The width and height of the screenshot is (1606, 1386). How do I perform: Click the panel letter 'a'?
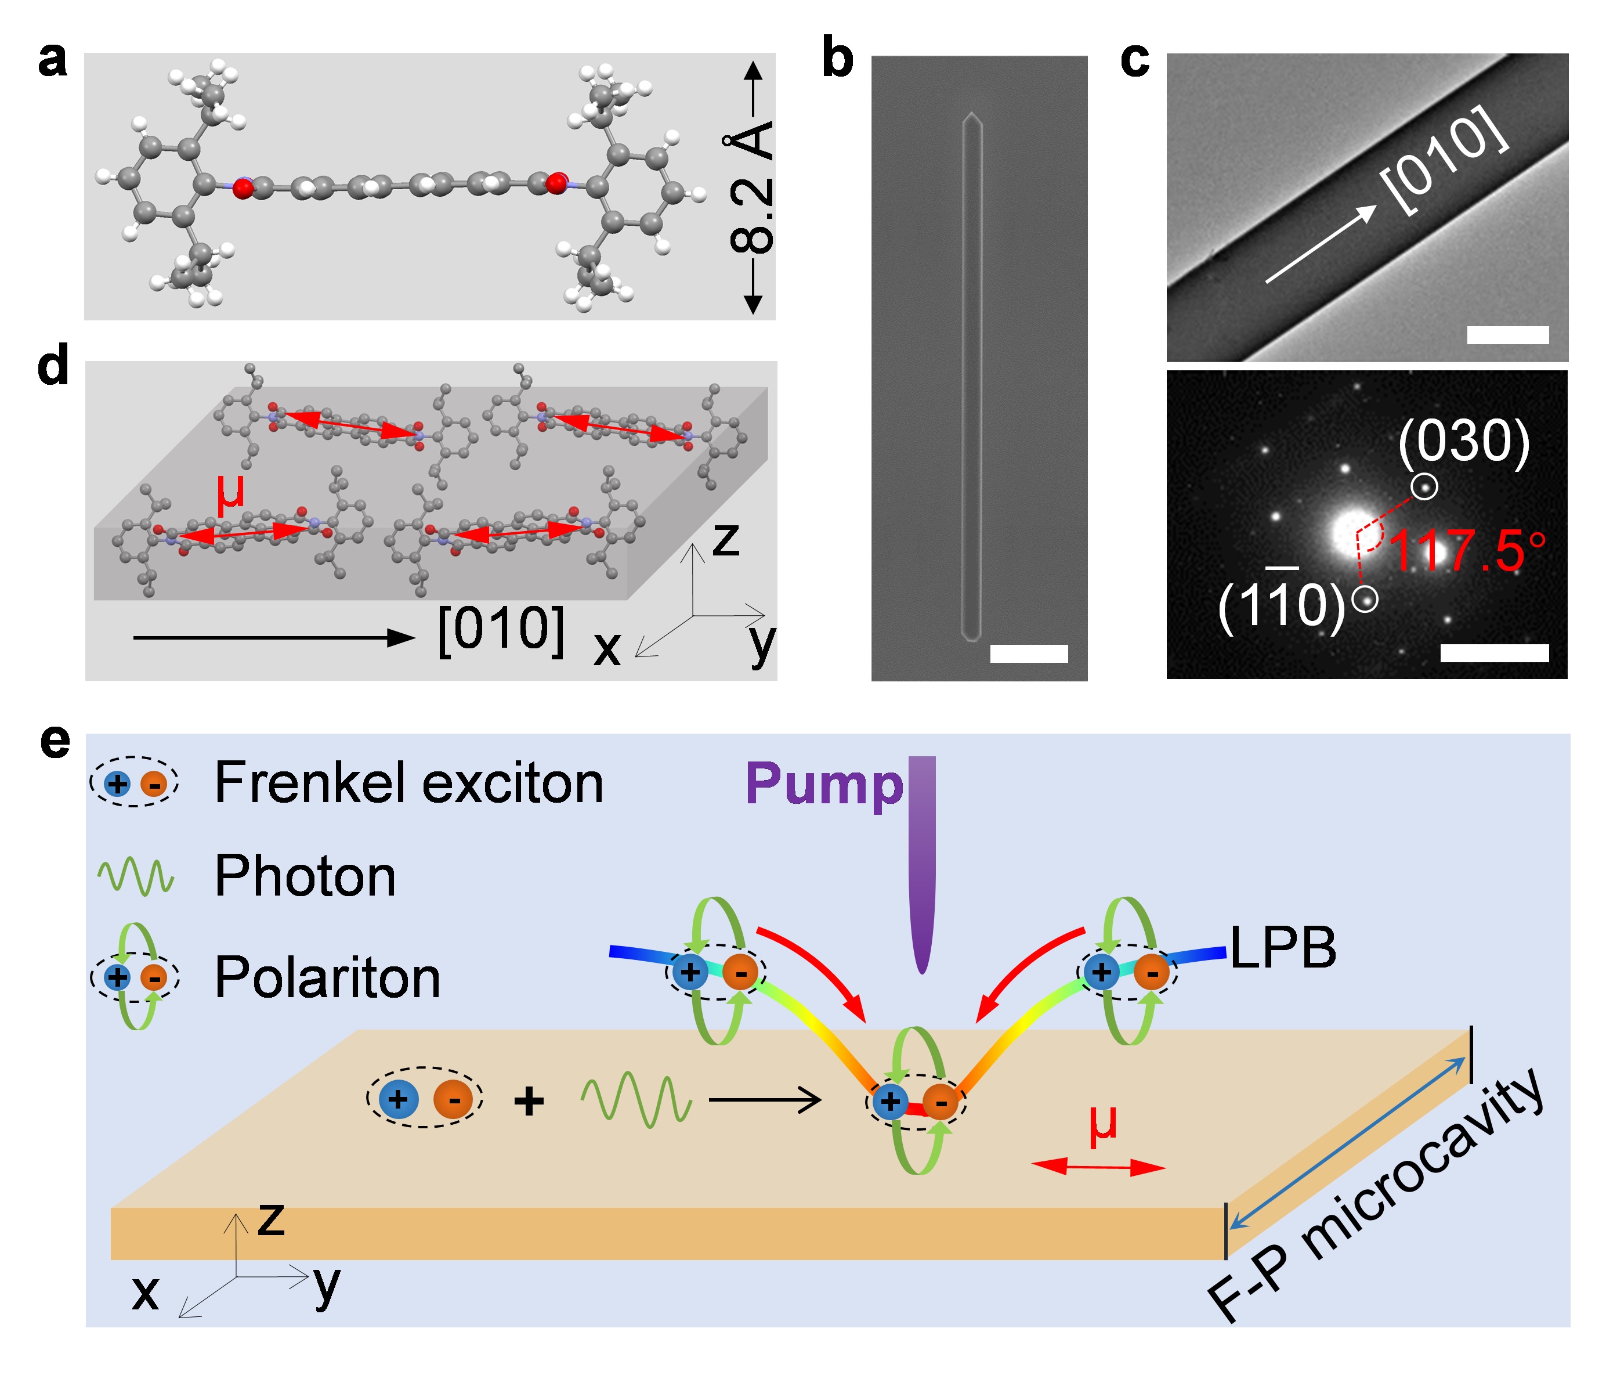[x=52, y=62]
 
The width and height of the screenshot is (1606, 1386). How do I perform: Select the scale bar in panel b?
[x=1029, y=654]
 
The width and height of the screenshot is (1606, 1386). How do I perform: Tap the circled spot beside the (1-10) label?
[x=1365, y=599]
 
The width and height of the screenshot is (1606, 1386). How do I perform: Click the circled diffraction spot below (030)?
[x=1424, y=487]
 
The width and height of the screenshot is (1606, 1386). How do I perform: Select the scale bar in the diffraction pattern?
[x=1495, y=653]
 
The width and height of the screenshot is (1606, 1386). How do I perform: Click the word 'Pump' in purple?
[x=824, y=785]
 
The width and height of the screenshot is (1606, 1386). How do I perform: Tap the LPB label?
[x=1283, y=947]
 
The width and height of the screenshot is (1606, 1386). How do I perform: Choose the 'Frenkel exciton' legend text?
[x=408, y=783]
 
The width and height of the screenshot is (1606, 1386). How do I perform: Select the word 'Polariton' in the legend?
[x=327, y=977]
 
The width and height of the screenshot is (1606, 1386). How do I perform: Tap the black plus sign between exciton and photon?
[x=529, y=1101]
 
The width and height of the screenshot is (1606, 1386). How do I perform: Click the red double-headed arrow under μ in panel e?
[x=1098, y=1167]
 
